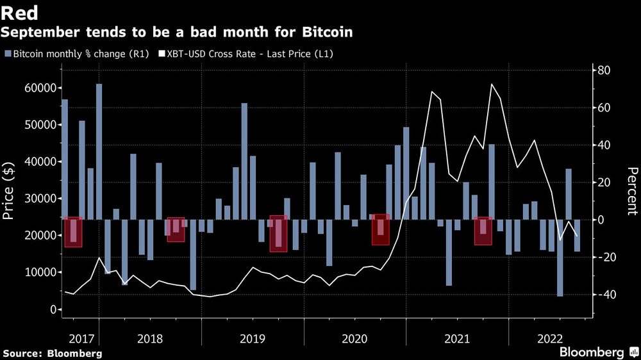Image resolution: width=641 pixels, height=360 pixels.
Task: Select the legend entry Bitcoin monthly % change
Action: click(x=71, y=54)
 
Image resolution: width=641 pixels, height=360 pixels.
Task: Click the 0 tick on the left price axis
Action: click(x=53, y=309)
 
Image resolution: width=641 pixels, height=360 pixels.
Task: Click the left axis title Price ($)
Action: click(x=9, y=190)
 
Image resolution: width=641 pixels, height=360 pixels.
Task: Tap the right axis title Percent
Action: click(x=632, y=190)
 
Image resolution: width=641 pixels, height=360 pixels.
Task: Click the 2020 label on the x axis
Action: click(x=354, y=338)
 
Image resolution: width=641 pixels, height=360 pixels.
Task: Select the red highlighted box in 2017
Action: click(x=73, y=232)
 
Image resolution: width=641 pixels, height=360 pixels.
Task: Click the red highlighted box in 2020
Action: click(x=381, y=229)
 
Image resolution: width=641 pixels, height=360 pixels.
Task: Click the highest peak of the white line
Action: click(x=492, y=84)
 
